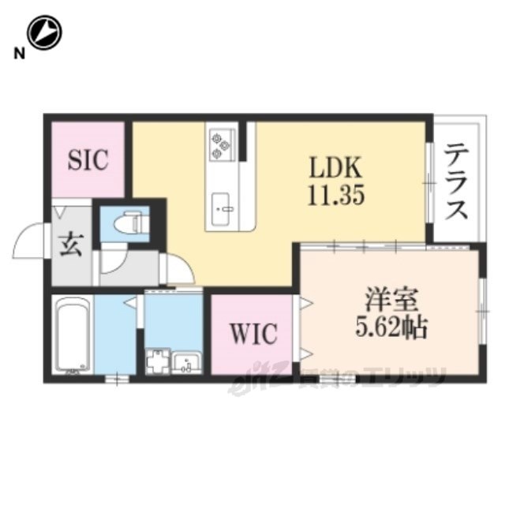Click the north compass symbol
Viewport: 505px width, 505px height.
pyautogui.click(x=44, y=33)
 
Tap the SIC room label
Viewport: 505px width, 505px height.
pyautogui.click(x=87, y=160)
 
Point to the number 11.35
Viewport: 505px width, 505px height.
pyautogui.click(x=335, y=195)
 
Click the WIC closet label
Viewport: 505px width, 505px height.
pyautogui.click(x=253, y=335)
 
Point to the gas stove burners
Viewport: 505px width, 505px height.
pyautogui.click(x=220, y=144)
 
